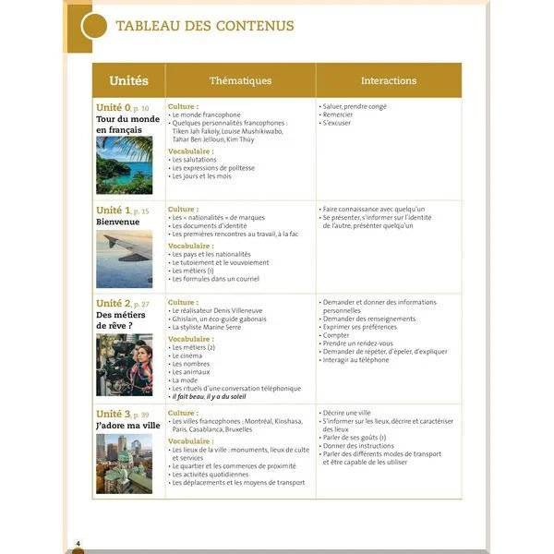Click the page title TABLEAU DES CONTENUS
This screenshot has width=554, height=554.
[x=204, y=26]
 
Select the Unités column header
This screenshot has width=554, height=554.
[x=128, y=80]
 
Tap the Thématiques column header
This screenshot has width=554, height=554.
[x=240, y=80]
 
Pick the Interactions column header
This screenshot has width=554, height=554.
[x=388, y=80]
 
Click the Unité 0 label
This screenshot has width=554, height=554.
[x=114, y=107]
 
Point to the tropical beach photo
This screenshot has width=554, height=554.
[x=124, y=165]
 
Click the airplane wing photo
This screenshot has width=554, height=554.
[x=124, y=259]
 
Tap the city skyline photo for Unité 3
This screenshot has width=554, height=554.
[x=124, y=464]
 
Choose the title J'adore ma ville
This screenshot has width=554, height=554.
[x=127, y=426]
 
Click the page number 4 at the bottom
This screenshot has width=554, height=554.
[x=78, y=541]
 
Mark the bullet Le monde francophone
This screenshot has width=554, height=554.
[x=205, y=114]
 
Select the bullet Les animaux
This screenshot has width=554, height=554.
[x=192, y=371]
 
